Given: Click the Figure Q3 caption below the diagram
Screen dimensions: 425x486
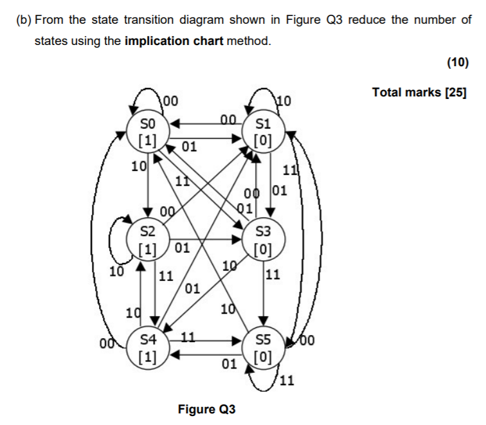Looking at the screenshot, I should (x=207, y=409).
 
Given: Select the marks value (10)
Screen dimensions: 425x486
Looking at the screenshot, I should (x=457, y=63).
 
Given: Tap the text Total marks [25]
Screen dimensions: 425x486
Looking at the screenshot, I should (x=419, y=93).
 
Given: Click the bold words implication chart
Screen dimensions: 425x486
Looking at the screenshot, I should (x=174, y=42).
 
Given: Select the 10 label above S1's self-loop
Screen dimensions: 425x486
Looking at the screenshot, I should (x=283, y=100).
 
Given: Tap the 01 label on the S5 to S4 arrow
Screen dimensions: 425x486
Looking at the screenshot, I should (x=228, y=365).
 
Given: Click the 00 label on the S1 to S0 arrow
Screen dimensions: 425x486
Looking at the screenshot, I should (x=228, y=118).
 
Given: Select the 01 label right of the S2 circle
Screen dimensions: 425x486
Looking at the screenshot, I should (x=182, y=248).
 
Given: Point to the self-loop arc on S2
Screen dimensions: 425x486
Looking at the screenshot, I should (x=114, y=238).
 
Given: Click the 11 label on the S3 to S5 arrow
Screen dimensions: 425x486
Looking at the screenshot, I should (x=273, y=276).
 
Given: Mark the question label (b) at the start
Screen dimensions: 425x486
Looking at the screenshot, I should (x=23, y=19).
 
